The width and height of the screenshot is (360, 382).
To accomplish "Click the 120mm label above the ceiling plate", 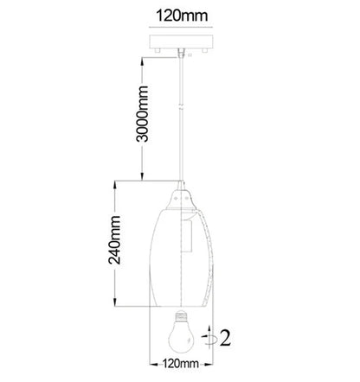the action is [182, 16].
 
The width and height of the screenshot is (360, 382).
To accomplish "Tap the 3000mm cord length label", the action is [142, 114].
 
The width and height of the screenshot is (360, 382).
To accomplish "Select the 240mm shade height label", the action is [114, 240].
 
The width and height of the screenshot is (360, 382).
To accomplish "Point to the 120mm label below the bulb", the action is [181, 363].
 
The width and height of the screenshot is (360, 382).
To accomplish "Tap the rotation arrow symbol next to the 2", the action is [209, 337].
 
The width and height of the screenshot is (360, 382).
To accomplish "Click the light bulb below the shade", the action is [181, 331].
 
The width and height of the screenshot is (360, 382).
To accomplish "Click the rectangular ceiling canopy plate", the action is [181, 41].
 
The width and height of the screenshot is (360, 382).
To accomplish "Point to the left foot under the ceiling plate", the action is [157, 50].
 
